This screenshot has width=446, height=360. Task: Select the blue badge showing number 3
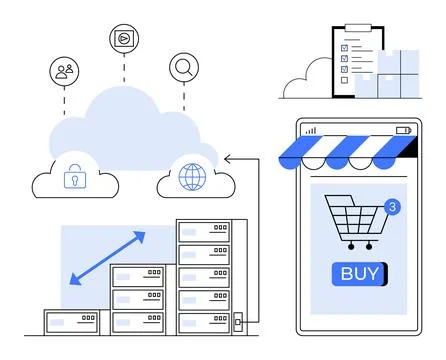(392, 207)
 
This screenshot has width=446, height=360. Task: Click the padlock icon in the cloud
(74, 178)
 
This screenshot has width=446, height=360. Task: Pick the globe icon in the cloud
(190, 178)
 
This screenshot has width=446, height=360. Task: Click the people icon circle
(64, 71)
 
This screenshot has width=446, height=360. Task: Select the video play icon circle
(123, 38)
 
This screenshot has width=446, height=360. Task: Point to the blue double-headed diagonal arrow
(107, 258)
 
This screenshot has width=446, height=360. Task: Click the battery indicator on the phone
(404, 130)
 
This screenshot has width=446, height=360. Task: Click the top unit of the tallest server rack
(203, 231)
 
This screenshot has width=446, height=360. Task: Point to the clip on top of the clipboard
(353, 28)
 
